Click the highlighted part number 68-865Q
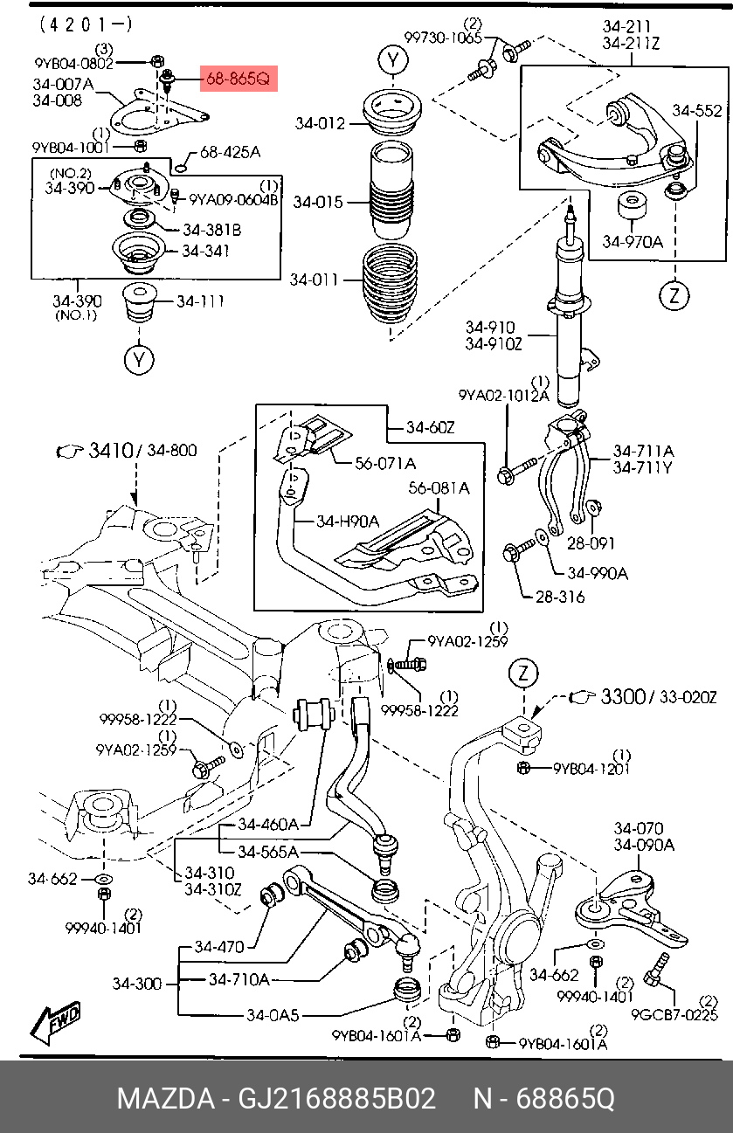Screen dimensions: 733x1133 coord(239,79)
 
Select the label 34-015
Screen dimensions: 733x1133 coord(318,203)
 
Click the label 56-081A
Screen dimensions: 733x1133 coord(439,488)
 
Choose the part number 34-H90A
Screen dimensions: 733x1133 coord(348,521)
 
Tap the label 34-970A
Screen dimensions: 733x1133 coord(633,242)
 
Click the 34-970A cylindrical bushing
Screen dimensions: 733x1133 coord(633,206)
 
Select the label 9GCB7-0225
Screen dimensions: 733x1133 coord(674,1015)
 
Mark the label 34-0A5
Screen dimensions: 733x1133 coord(273,1015)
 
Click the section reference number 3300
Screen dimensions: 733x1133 coord(623,697)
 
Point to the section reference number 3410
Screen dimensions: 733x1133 coord(111,450)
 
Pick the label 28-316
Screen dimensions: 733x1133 coord(560,597)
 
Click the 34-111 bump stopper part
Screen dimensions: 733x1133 coord(139,302)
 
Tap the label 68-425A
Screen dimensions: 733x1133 coord(230,152)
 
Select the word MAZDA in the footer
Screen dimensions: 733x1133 coord(166,1099)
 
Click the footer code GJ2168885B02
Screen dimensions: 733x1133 coord(336,1099)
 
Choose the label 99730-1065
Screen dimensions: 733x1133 coord(443,38)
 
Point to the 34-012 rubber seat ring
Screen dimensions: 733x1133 coord(392,113)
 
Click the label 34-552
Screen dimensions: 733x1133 coord(697,111)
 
